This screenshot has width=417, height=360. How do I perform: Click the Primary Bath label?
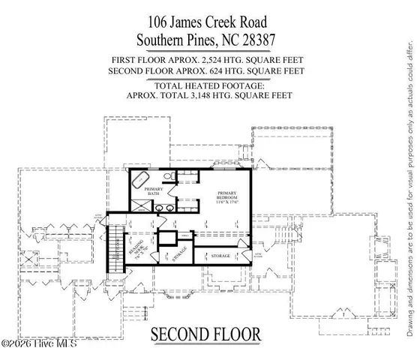pyautogui.click(x=153, y=192)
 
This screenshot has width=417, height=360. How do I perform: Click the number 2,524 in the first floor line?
pyautogui.click(x=223, y=59)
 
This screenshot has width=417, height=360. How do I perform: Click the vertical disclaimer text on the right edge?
pyautogui.click(x=409, y=180)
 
